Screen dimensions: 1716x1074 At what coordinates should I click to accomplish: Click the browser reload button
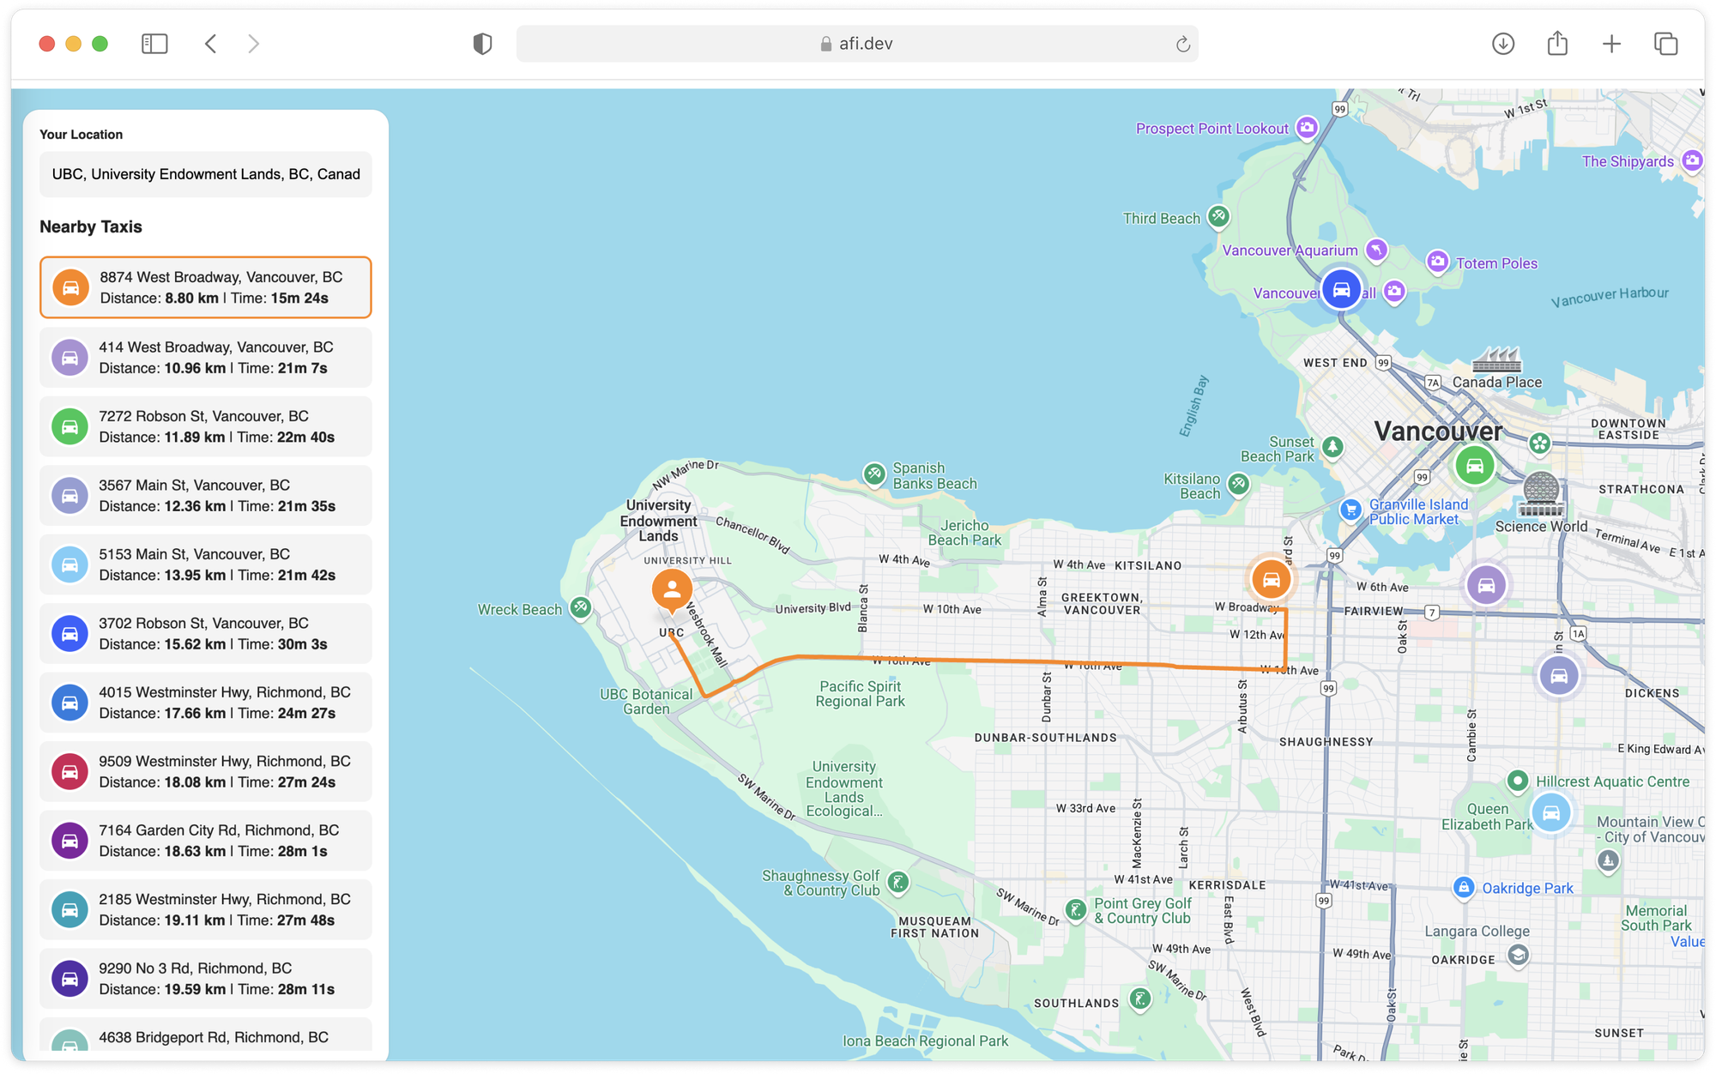pos(1182,45)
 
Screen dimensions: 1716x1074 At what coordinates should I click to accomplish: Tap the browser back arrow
pos(211,44)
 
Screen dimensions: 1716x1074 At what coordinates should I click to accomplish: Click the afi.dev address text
pos(865,44)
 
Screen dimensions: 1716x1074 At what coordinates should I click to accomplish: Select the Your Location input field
pos(206,174)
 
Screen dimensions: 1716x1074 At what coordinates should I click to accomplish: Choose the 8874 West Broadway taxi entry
pos(206,287)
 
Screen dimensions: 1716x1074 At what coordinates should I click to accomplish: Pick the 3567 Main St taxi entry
pos(206,496)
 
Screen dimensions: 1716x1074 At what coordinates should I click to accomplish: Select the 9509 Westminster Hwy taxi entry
pos(206,772)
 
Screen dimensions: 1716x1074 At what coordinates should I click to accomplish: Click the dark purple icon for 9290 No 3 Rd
pos(70,979)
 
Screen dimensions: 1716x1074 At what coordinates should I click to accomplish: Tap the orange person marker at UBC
pos(672,589)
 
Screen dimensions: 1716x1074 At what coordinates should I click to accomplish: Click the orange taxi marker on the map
pos(1271,580)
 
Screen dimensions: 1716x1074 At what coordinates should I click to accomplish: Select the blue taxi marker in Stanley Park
pos(1341,289)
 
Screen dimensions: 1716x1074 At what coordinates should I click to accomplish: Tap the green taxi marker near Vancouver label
pos(1474,466)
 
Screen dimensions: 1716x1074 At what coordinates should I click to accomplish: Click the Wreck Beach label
pos(519,610)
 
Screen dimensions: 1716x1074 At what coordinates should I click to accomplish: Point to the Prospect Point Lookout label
pos(1211,129)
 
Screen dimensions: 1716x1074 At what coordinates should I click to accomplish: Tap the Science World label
pos(1541,527)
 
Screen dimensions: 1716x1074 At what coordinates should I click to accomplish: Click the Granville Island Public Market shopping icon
pos(1350,510)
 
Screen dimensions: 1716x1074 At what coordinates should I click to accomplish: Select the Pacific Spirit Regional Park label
pos(860,694)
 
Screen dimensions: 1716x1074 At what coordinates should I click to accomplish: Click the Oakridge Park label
pos(1527,889)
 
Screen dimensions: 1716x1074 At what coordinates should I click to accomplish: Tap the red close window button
pos(47,44)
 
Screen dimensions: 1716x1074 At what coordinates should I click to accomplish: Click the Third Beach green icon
pos(1218,216)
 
